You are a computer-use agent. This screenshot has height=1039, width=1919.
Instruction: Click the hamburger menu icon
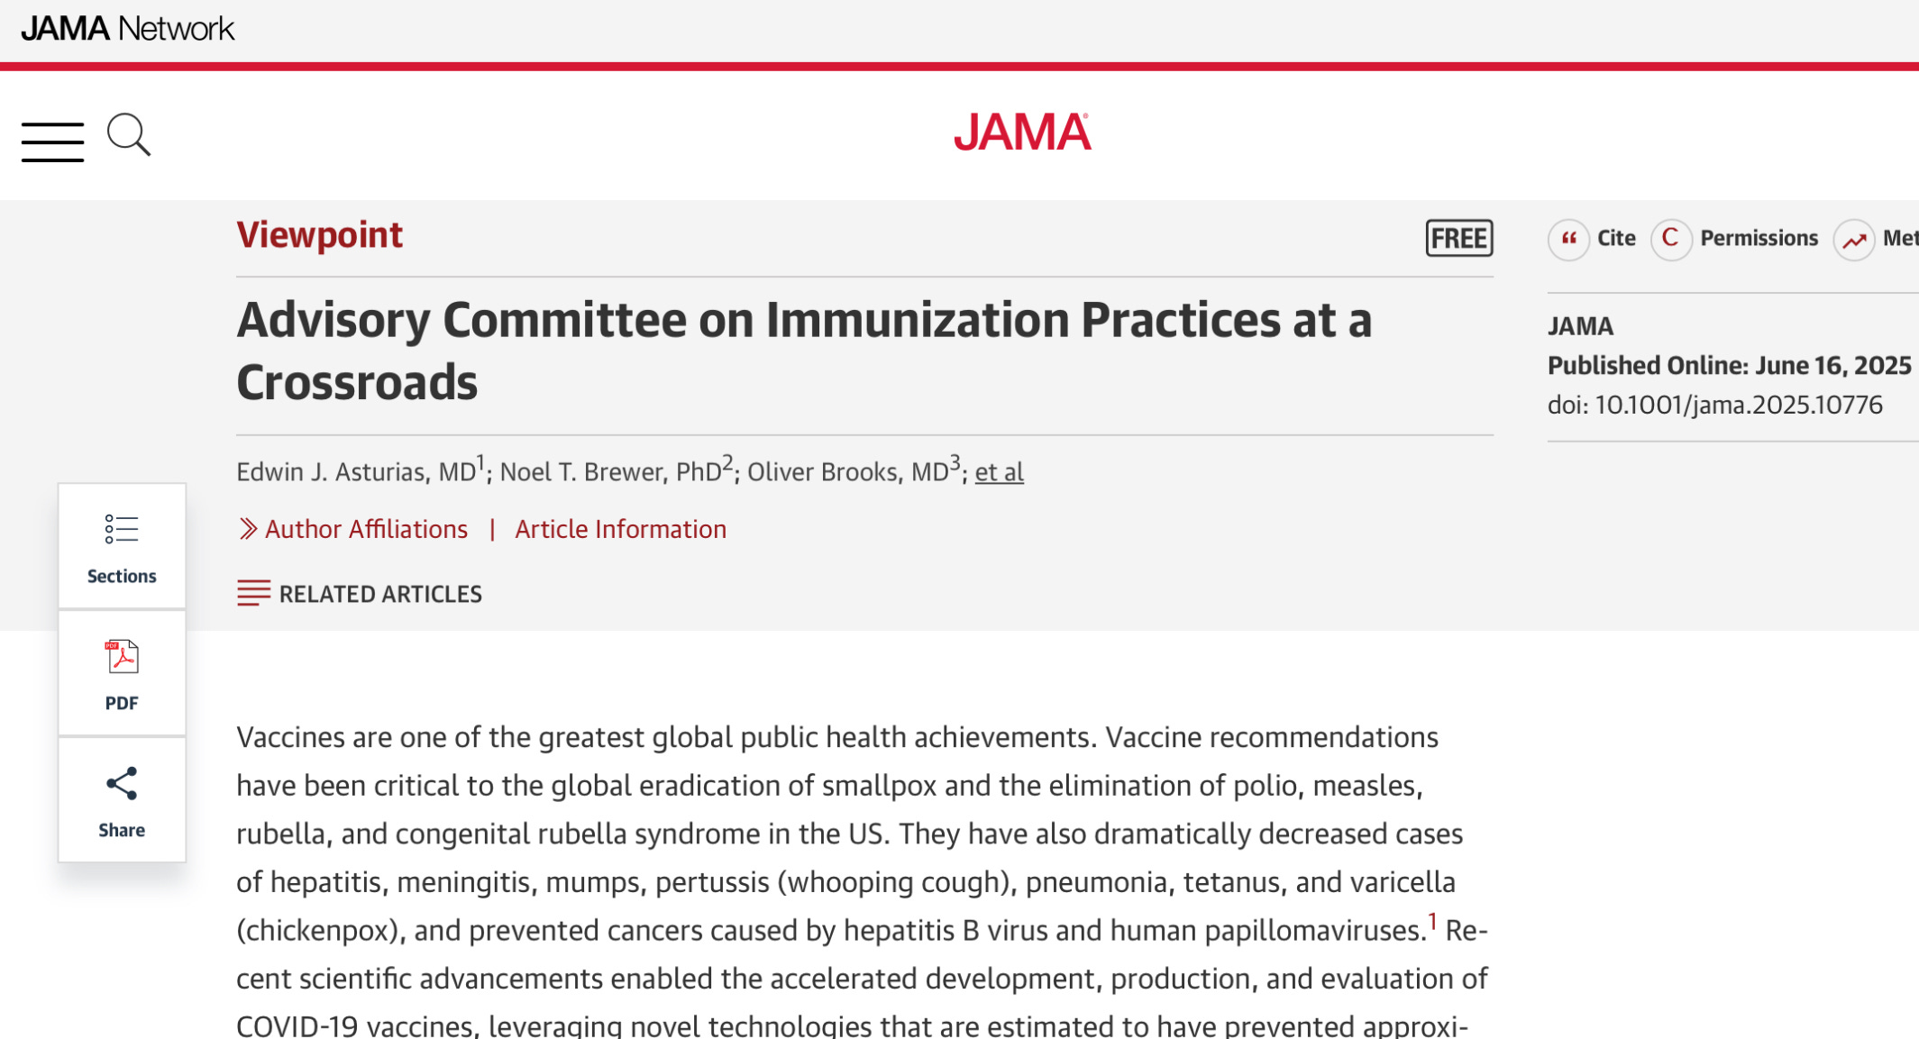[x=52, y=141]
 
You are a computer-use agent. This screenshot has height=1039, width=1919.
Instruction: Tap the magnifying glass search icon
[x=128, y=135]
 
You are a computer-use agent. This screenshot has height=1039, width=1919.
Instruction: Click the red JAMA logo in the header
[x=1022, y=132]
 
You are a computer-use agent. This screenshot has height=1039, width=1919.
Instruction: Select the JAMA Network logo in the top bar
[x=127, y=29]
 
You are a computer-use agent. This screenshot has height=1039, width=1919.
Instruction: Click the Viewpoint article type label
[x=319, y=235]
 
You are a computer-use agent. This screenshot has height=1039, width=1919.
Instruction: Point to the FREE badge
[x=1458, y=238]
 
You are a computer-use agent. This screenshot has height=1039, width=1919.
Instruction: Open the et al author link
[x=999, y=472]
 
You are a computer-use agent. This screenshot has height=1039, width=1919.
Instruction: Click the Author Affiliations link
[x=365, y=529]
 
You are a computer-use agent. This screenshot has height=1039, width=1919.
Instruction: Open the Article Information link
[x=620, y=529]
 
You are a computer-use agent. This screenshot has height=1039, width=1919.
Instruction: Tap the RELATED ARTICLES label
[x=379, y=594]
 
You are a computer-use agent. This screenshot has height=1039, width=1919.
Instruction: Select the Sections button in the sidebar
[x=122, y=547]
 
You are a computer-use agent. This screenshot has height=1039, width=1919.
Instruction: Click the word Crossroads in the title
[x=357, y=382]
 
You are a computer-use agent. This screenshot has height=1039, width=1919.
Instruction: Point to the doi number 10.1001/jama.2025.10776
[x=1738, y=405]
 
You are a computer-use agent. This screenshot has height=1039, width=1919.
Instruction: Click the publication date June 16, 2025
[x=1832, y=365]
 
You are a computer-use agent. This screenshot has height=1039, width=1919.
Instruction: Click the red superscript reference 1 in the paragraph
[x=1431, y=922]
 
